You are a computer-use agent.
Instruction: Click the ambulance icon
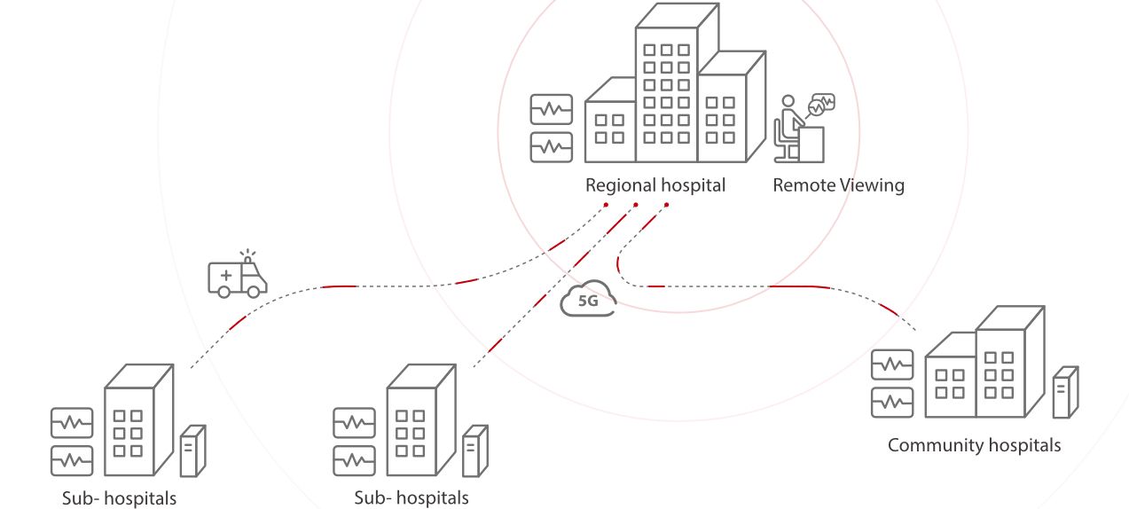[237, 276]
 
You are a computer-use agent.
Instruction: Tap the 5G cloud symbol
[587, 299]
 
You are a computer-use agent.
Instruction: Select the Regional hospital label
[655, 185]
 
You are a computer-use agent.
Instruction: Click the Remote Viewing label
[838, 185]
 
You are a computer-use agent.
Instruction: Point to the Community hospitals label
[974, 445]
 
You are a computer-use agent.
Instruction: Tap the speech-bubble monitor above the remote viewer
[822, 103]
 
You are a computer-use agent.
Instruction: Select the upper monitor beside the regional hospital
[551, 109]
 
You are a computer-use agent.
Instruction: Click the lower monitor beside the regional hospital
[551, 147]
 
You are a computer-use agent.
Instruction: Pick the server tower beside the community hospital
[1064, 392]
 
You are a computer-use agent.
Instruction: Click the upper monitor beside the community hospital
[891, 364]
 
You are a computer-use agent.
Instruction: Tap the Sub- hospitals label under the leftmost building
[119, 498]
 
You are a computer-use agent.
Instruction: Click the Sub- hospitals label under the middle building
[411, 498]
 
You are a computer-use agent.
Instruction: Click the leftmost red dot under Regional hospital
[606, 205]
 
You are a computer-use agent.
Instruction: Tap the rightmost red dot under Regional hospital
[666, 205]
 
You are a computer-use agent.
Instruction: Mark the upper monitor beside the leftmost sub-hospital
[72, 423]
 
